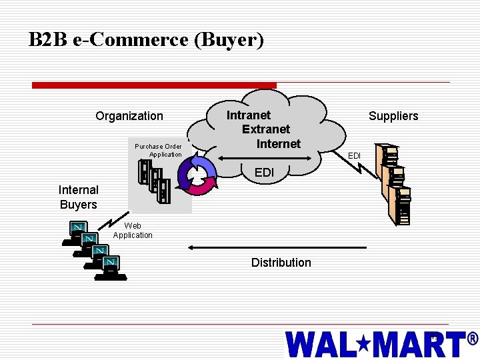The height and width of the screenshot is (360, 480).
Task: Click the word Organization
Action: (x=129, y=116)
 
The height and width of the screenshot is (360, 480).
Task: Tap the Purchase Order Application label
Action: (x=159, y=151)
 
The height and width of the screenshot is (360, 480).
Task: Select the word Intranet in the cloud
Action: (x=249, y=115)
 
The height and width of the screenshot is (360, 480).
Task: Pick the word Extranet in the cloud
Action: (x=266, y=129)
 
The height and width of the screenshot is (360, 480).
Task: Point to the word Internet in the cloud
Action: (x=279, y=143)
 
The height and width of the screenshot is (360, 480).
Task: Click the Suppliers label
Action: (x=393, y=116)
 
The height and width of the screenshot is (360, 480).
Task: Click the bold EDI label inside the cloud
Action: (x=264, y=173)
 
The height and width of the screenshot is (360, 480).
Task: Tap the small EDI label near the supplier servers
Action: (x=355, y=156)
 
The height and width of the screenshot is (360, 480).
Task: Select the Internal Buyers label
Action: (x=79, y=197)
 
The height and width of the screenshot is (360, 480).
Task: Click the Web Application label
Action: (x=133, y=231)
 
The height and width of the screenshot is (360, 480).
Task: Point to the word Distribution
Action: (x=281, y=263)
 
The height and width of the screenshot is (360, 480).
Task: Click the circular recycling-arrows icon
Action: (x=199, y=175)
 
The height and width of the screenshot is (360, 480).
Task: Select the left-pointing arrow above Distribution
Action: (x=277, y=247)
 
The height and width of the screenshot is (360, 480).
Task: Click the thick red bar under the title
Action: (x=154, y=85)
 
